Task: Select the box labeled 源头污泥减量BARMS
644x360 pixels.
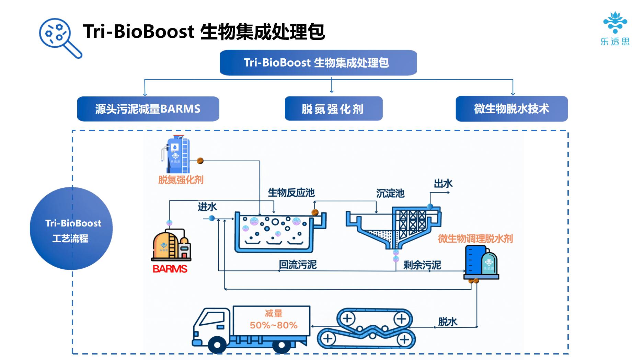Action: point(148,109)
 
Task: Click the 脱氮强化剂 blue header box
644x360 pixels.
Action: point(333,109)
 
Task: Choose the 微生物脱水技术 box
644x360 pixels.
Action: point(511,109)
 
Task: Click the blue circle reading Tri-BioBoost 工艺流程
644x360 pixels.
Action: point(71,229)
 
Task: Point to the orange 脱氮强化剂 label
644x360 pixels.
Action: point(181,180)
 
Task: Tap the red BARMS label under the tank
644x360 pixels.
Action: point(170,269)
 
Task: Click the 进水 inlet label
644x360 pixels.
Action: point(207,207)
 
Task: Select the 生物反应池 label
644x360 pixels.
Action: point(291,193)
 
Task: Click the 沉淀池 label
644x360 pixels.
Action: point(390,194)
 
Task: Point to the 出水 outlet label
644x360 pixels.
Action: point(443,184)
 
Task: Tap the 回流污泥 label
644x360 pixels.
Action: point(298,265)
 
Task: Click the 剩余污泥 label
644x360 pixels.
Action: point(422,265)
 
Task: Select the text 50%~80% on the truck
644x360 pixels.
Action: point(274,325)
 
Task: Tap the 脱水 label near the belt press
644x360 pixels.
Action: point(448,322)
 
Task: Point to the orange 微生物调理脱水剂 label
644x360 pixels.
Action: point(475,239)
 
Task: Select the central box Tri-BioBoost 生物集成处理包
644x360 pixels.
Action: point(318,62)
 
